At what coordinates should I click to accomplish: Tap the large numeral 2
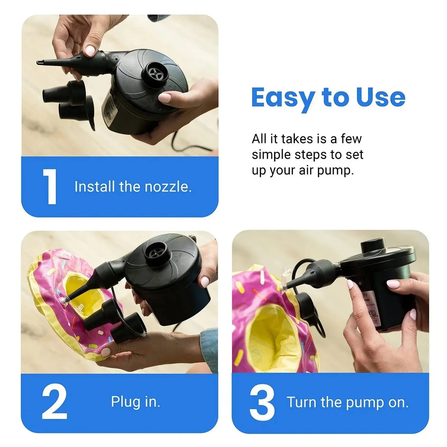click(54, 402)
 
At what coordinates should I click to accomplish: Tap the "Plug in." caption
click(135, 402)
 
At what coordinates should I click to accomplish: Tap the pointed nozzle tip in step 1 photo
click(40, 63)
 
